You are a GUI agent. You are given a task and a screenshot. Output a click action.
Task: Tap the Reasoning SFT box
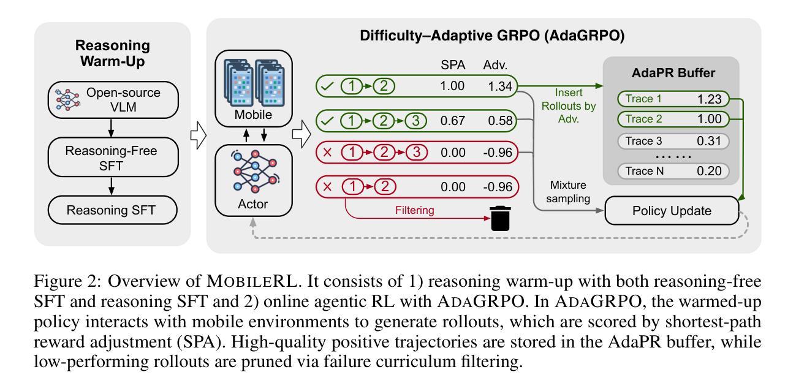click(112, 210)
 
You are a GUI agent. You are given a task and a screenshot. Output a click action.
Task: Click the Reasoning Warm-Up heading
click(112, 53)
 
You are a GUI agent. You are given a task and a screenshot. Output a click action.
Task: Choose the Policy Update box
click(672, 211)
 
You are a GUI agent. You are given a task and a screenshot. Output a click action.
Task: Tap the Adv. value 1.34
click(498, 86)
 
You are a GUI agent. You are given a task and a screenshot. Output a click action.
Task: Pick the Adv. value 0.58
click(498, 120)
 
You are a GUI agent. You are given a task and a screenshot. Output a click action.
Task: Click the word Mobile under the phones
click(252, 114)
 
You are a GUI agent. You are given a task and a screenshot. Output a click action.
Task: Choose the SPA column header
click(454, 65)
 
